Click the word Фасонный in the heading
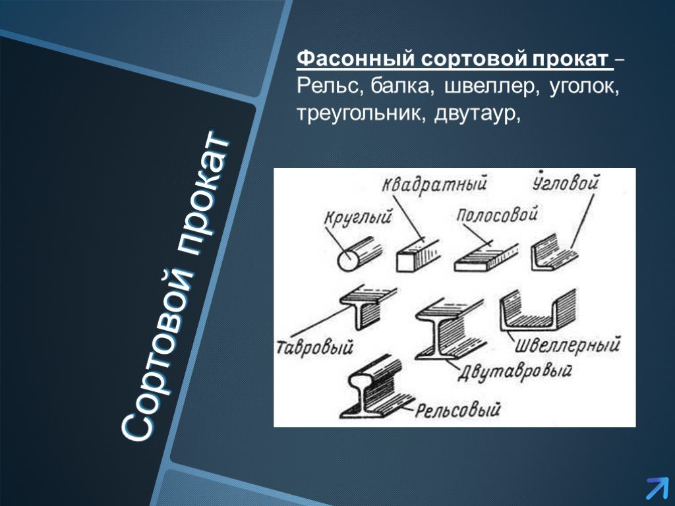tap(357, 59)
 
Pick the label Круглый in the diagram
tap(358, 216)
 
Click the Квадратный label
tap(434, 184)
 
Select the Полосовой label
tap(497, 214)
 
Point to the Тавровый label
tap(314, 347)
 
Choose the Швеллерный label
tap(568, 345)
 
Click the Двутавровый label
tap(514, 372)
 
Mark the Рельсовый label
tap(458, 409)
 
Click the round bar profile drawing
tap(359, 254)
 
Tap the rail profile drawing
tap(374, 387)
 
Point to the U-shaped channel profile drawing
tap(538, 310)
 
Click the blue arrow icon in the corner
tap(657, 489)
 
